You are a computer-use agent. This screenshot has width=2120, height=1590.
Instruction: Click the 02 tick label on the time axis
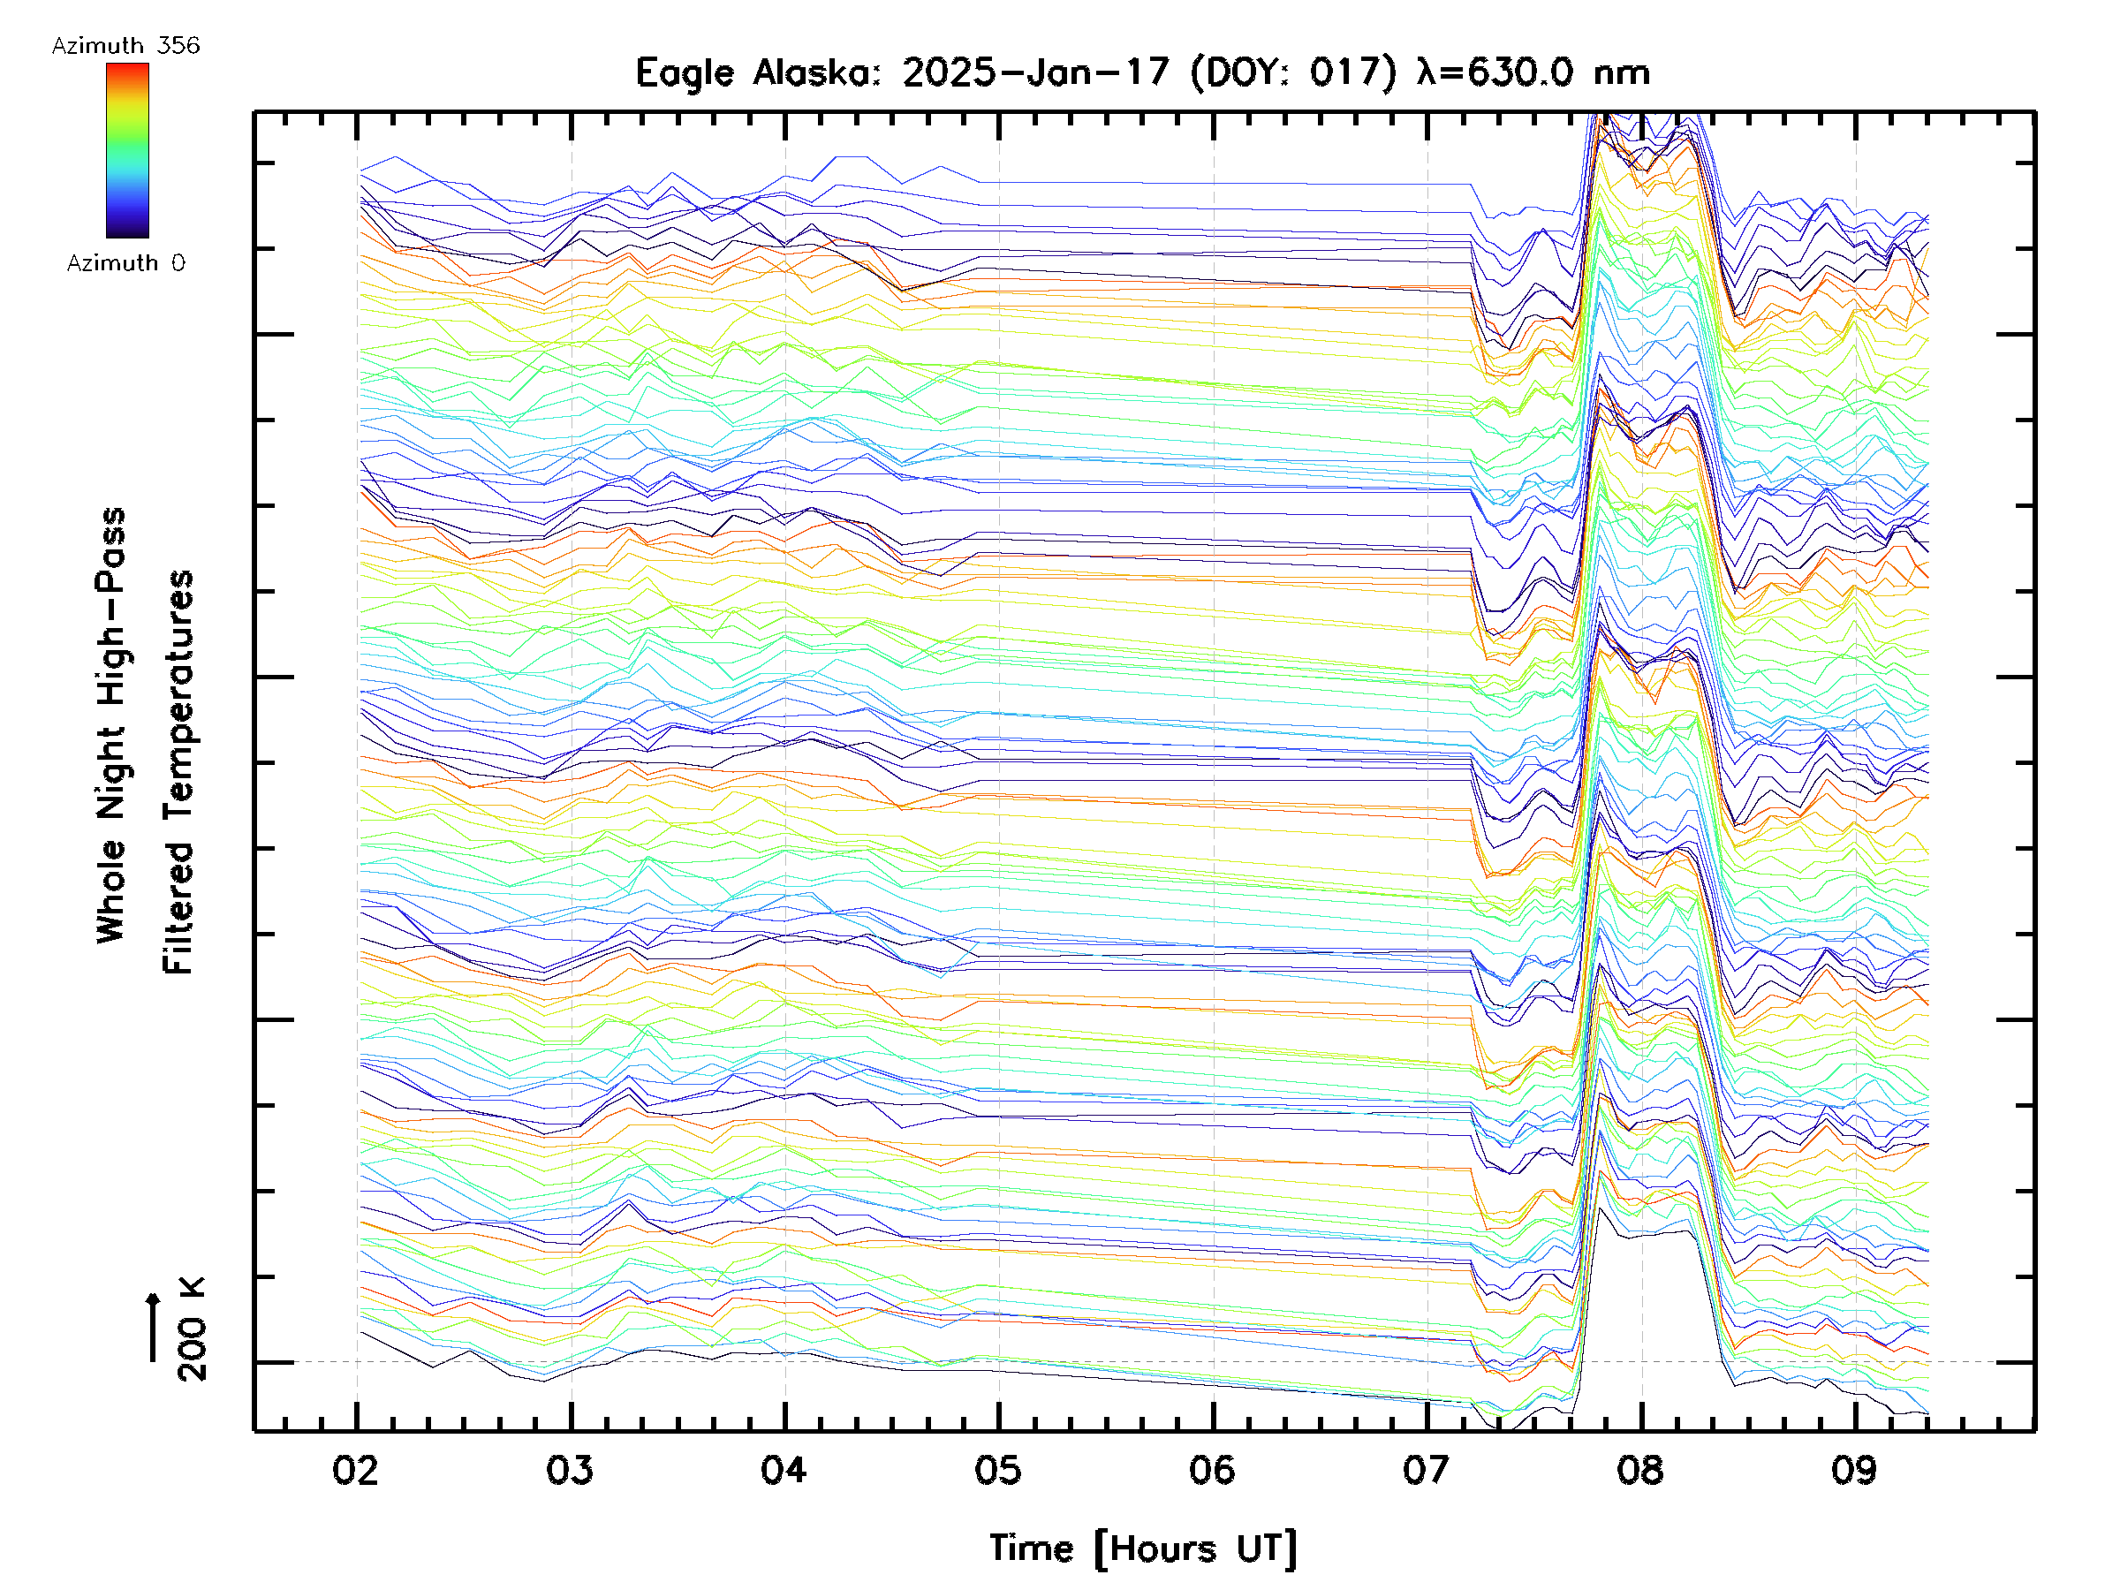click(356, 1470)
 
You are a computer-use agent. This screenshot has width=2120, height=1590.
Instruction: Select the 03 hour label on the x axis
click(571, 1470)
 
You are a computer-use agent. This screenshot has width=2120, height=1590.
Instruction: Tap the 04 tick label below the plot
click(784, 1470)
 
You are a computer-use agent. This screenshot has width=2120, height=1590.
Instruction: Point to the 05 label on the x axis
click(999, 1470)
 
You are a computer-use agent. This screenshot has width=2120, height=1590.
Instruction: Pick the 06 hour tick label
click(1213, 1470)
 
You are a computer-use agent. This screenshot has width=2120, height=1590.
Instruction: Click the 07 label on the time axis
click(1426, 1470)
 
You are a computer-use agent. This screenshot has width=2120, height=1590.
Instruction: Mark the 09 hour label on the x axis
click(1854, 1470)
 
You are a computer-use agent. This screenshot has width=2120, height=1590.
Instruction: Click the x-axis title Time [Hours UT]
click(1143, 1548)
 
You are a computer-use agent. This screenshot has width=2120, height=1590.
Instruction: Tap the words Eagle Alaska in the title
click(757, 72)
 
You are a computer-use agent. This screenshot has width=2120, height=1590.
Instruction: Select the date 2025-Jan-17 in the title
click(1036, 72)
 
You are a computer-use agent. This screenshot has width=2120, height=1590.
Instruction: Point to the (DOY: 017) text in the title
click(1294, 72)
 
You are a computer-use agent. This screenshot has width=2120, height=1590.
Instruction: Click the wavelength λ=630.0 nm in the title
click(1533, 72)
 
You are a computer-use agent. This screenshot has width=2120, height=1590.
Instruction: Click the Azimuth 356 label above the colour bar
click(125, 46)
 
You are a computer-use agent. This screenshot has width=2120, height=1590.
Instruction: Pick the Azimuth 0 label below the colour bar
click(125, 262)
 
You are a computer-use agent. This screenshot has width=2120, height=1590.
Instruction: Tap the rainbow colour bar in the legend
click(127, 150)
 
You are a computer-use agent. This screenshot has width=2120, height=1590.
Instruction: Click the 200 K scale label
click(193, 1329)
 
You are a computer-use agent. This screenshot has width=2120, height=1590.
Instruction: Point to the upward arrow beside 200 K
click(154, 1327)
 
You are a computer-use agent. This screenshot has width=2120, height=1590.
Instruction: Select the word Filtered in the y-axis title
click(178, 905)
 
